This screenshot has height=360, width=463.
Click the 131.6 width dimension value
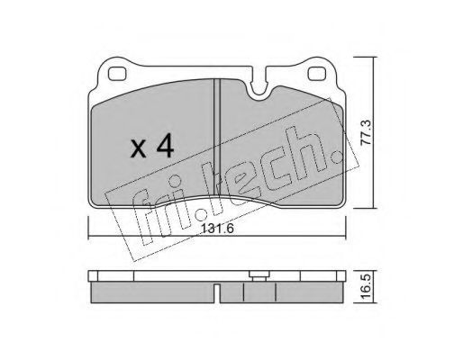click(x=217, y=229)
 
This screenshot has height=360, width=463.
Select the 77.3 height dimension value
click(x=367, y=132)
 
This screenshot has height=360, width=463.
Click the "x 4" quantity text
click(x=152, y=146)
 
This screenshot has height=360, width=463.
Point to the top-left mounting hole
click(x=117, y=74)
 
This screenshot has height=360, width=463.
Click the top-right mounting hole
click(x=317, y=74)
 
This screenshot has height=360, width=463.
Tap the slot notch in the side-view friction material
click(x=217, y=293)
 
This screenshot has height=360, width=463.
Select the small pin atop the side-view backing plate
click(x=259, y=275)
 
